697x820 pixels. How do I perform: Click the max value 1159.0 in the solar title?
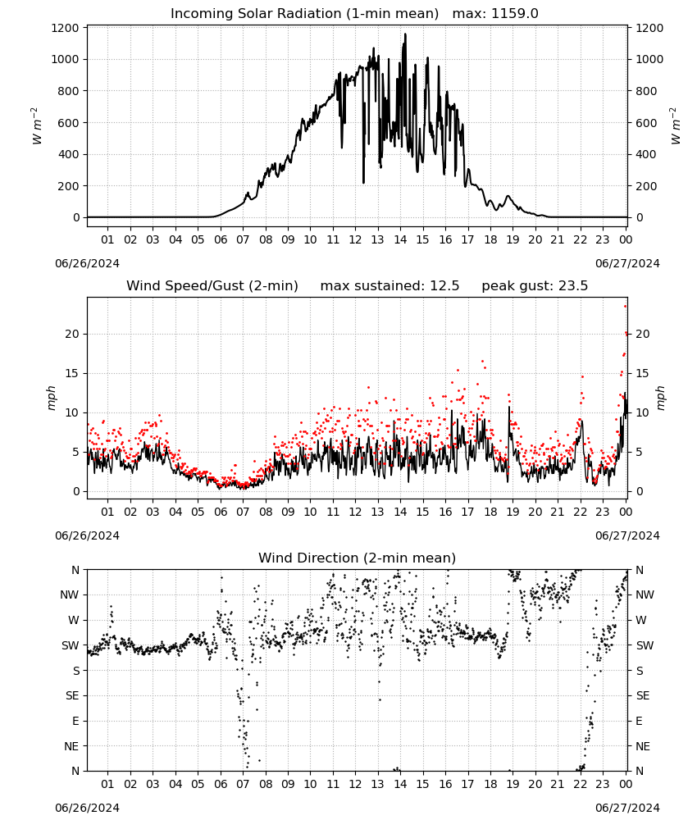click(x=515, y=14)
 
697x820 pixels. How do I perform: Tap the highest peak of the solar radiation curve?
click(x=405, y=34)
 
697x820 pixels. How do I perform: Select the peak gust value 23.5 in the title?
click(x=572, y=286)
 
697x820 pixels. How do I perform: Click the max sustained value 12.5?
click(x=444, y=286)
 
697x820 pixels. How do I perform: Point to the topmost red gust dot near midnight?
click(x=626, y=307)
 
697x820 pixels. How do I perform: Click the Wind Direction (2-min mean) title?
click(x=358, y=558)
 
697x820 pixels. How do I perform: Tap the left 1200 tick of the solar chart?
click(x=65, y=28)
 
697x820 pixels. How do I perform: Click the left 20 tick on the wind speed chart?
click(x=72, y=335)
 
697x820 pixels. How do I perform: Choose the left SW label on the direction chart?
click(x=71, y=645)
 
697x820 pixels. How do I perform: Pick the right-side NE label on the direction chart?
click(x=643, y=746)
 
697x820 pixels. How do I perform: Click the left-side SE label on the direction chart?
click(x=72, y=695)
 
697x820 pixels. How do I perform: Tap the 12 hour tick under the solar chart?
click(x=355, y=239)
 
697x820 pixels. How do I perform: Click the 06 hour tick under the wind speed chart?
click(x=220, y=512)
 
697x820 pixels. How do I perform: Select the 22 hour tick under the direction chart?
click(x=580, y=784)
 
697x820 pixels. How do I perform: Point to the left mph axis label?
click(x=51, y=398)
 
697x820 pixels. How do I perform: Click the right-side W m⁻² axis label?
click(x=675, y=126)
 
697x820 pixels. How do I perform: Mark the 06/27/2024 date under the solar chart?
click(x=627, y=263)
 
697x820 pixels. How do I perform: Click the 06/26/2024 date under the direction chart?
click(x=87, y=808)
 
